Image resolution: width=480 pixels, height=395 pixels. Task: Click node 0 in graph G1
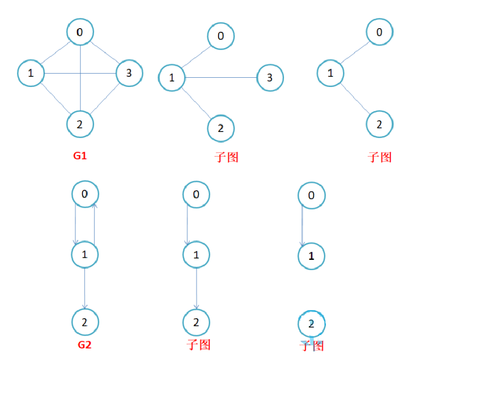click(x=80, y=32)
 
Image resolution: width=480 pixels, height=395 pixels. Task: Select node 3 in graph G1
click(x=129, y=73)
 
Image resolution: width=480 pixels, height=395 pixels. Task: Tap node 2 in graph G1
click(x=80, y=123)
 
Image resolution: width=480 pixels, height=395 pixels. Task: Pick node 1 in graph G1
click(x=31, y=73)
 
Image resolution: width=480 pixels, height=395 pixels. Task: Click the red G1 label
click(x=80, y=156)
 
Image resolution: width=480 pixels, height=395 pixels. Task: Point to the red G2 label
click(x=84, y=344)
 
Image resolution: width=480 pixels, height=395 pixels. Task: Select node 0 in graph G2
click(x=84, y=194)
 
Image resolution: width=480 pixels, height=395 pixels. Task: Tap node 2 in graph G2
click(x=84, y=322)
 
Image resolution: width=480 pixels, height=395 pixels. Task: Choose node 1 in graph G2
click(x=84, y=254)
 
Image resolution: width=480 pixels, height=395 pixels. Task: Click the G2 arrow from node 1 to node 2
click(x=84, y=288)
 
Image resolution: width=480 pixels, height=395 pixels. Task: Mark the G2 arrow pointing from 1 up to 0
click(x=94, y=224)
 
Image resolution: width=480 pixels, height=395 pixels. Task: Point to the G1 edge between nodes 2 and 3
click(x=105, y=98)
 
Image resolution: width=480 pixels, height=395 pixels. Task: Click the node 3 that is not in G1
click(x=270, y=78)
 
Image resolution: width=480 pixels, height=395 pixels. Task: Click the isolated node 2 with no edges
click(x=312, y=323)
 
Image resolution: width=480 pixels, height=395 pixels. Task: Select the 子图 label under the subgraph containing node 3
click(x=226, y=157)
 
